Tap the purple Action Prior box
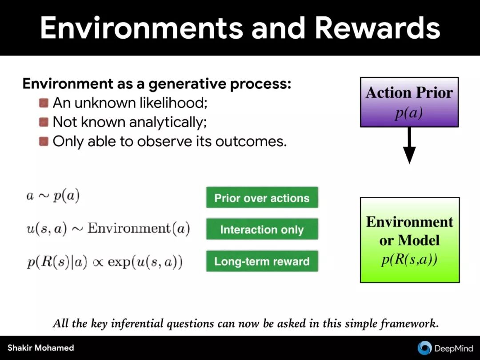coord(409,102)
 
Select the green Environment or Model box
coord(409,240)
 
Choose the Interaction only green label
coord(262,229)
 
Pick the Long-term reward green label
coord(262,261)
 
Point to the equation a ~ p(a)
coord(53,196)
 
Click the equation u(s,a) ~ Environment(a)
coord(108,228)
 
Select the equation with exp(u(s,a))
coord(104,262)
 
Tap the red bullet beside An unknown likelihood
coord(44,103)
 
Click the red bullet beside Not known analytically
coord(44,122)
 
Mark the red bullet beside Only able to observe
coord(44,141)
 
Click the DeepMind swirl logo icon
coord(424,348)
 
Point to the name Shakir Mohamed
coord(41,348)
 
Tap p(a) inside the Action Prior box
coord(409,113)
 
